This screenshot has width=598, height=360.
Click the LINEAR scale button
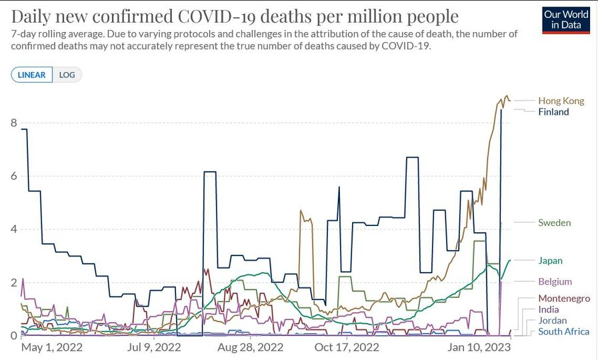pos(32,75)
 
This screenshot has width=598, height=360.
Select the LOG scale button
pos(67,75)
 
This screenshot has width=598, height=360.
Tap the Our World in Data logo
pos(565,20)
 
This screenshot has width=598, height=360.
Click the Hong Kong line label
pos(561,101)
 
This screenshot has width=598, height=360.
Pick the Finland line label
pos(553,112)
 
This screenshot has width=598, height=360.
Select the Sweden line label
pos(554,223)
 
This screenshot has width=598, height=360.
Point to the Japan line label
pos(550,261)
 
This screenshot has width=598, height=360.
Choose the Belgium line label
pos(555,282)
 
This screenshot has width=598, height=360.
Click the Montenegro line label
pos(563,299)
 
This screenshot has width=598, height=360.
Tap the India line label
pos(548,309)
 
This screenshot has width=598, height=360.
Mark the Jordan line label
pos(552,321)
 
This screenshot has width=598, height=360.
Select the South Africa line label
pos(563,331)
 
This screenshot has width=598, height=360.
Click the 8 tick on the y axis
pos(14,123)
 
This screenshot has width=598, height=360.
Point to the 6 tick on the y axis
pos(14,176)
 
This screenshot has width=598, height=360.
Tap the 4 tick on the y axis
pos(14,229)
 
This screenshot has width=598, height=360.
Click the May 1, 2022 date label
pos(51,347)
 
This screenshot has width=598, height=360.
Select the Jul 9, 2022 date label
pos(153,347)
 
